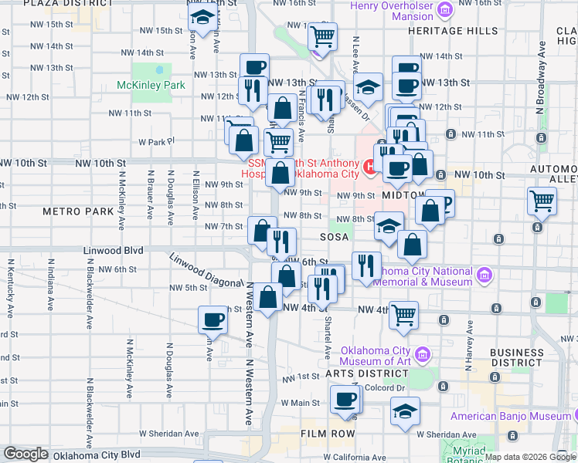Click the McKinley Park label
point(151,85)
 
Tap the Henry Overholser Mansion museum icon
point(444,10)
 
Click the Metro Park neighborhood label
point(78,211)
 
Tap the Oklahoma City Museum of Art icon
point(422,356)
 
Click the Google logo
point(25,454)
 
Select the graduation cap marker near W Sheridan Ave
point(405,411)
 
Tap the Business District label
point(517,357)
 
